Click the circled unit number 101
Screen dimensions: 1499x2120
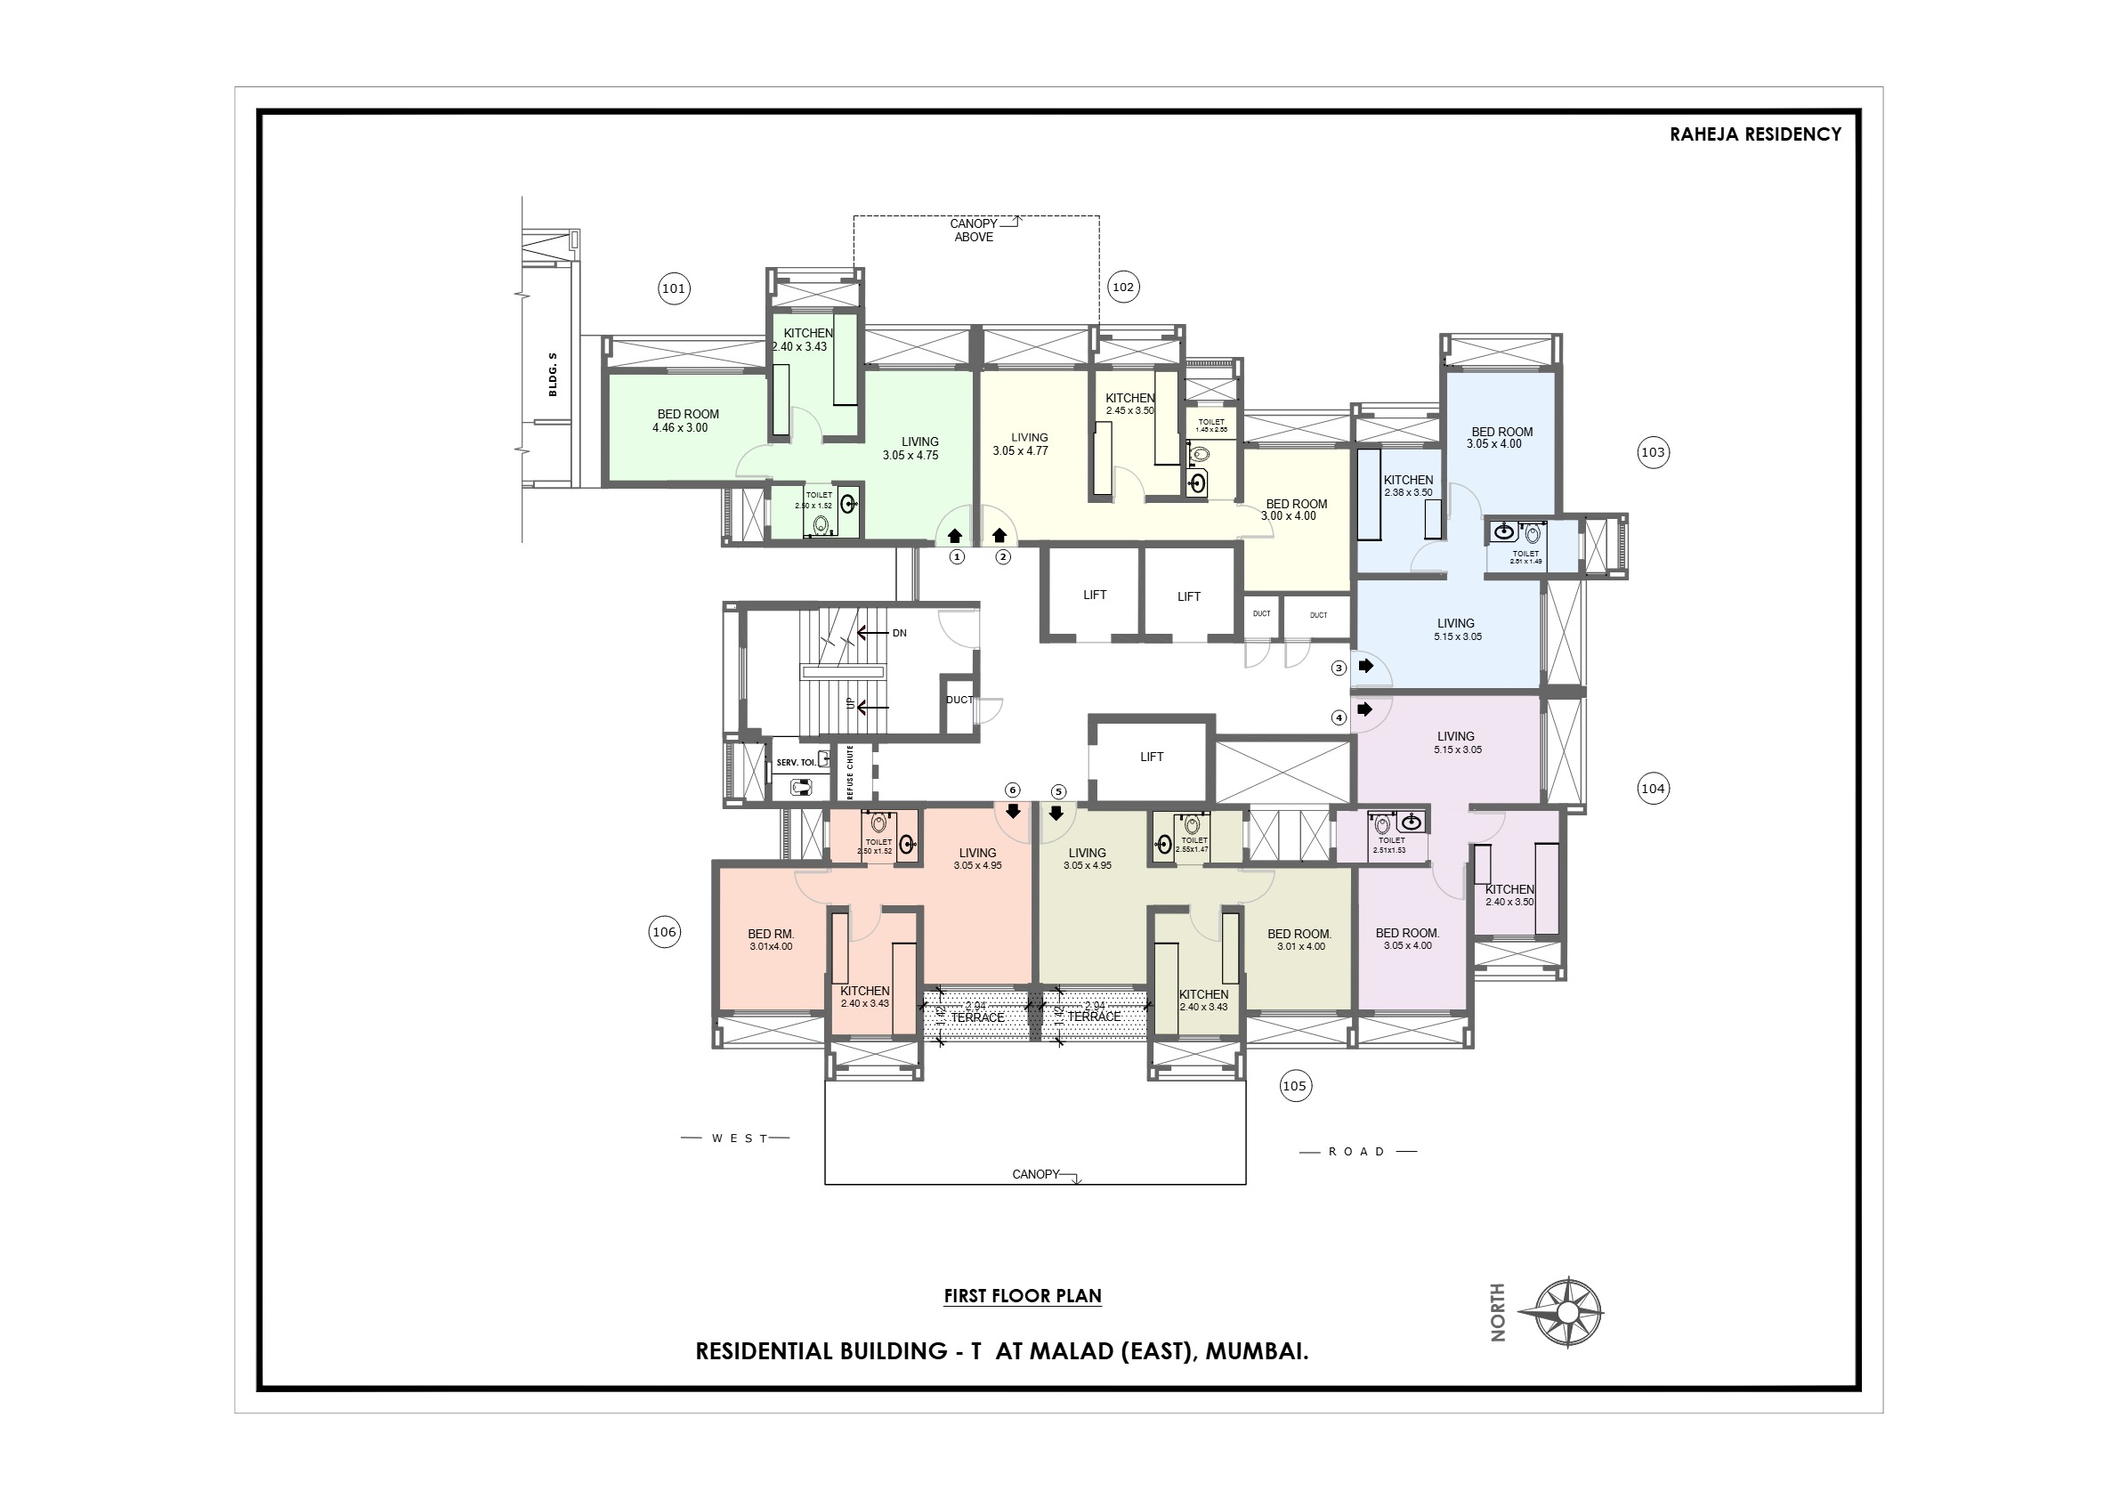tap(674, 289)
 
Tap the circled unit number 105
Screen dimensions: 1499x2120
tap(1295, 1086)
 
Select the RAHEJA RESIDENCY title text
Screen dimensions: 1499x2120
tap(1754, 134)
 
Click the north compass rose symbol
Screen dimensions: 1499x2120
tap(1567, 1312)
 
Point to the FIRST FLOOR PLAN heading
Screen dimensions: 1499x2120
tap(1022, 1296)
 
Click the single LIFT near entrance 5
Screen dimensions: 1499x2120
tap(1152, 758)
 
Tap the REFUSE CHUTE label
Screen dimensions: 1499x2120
tap(849, 773)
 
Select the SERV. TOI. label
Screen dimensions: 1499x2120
tap(796, 763)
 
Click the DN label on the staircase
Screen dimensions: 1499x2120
tap(899, 634)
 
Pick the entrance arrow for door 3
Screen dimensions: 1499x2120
tap(1365, 666)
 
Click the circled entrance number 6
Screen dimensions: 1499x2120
tap(1013, 790)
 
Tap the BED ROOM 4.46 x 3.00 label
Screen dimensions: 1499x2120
tap(686, 421)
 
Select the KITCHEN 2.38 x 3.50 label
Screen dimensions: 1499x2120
tap(1408, 486)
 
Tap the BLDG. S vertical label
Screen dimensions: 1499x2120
tap(552, 374)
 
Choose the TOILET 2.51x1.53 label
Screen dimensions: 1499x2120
tap(1390, 845)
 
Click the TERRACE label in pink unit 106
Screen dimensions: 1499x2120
tap(977, 1017)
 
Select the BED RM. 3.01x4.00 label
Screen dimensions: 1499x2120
tap(771, 940)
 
